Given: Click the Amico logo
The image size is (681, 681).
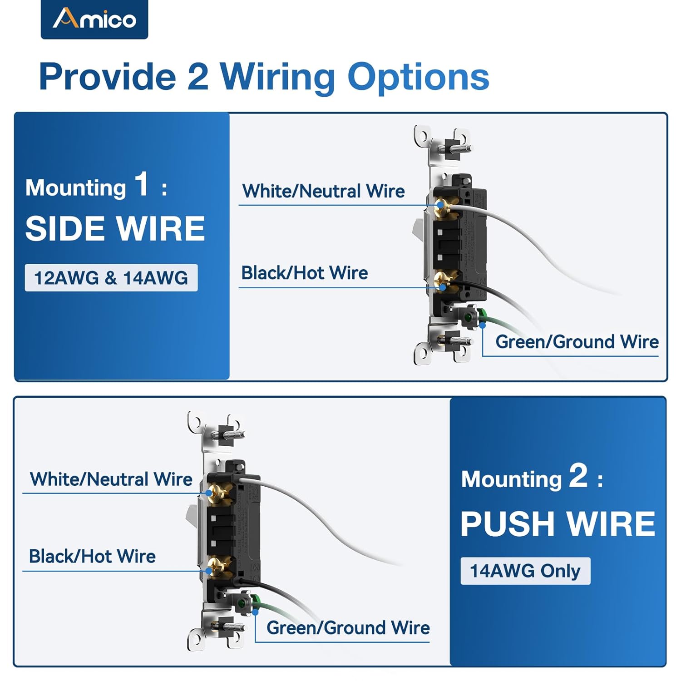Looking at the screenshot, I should pyautogui.click(x=94, y=19).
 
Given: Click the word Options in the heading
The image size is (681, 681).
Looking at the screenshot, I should pyautogui.click(x=418, y=77).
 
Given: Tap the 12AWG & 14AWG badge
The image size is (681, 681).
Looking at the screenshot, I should pyautogui.click(x=111, y=278).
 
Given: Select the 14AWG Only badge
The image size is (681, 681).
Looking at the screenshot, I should pyautogui.click(x=525, y=571).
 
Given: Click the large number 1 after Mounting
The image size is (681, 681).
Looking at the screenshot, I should pyautogui.click(x=142, y=184).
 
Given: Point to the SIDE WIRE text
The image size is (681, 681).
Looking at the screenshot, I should pyautogui.click(x=115, y=228).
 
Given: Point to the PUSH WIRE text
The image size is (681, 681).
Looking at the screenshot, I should pyautogui.click(x=558, y=524).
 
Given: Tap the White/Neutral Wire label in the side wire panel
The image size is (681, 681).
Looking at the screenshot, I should pyautogui.click(x=323, y=191).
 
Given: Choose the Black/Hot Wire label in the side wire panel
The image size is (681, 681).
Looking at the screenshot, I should pyautogui.click(x=304, y=273).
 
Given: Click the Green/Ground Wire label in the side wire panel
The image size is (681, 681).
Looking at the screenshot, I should pyautogui.click(x=577, y=342).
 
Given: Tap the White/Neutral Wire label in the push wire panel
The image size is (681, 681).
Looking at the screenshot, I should pyautogui.click(x=111, y=479).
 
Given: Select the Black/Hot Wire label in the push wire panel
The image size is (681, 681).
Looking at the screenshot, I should pyautogui.click(x=92, y=557).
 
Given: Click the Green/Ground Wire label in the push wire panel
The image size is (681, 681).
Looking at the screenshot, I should pyautogui.click(x=348, y=628).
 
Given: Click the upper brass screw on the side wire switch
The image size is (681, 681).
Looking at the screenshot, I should pyautogui.click(x=443, y=205).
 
